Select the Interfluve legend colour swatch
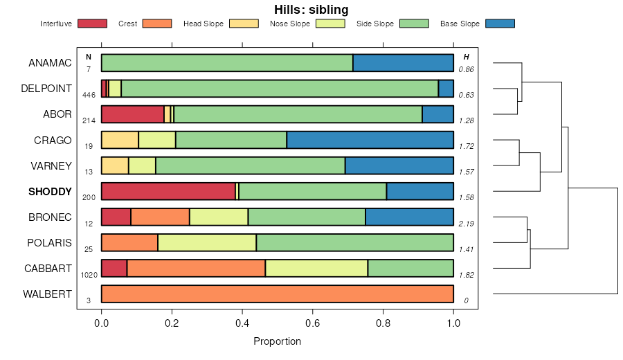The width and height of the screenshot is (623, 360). pyautogui.click(x=92, y=24)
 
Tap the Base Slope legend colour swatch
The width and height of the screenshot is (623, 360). pyautogui.click(x=500, y=24)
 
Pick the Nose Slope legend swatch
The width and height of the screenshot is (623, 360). pyautogui.click(x=330, y=24)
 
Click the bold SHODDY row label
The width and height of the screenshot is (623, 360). pyautogui.click(x=50, y=192)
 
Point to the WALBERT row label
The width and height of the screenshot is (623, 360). pyautogui.click(x=47, y=294)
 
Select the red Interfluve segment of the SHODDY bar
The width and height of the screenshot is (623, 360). pyautogui.click(x=168, y=191)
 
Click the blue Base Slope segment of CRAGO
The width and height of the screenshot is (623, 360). pyautogui.click(x=370, y=140)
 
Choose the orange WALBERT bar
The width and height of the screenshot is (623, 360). pyautogui.click(x=277, y=294)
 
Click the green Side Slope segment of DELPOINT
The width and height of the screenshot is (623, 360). pyautogui.click(x=280, y=89)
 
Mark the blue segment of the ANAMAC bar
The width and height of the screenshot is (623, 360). pyautogui.click(x=403, y=63)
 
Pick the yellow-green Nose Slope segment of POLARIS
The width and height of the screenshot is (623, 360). pyautogui.click(x=207, y=242)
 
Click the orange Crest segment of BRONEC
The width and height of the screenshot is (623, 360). pyautogui.click(x=160, y=217)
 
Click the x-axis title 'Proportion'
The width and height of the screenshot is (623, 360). pyautogui.click(x=277, y=341)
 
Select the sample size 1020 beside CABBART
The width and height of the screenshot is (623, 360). pyautogui.click(x=89, y=275)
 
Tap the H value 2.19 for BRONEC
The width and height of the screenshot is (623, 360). pyautogui.click(x=467, y=223)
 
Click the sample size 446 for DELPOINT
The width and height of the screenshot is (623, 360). pyautogui.click(x=89, y=95)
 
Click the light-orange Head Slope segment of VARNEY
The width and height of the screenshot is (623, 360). pyautogui.click(x=115, y=165)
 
